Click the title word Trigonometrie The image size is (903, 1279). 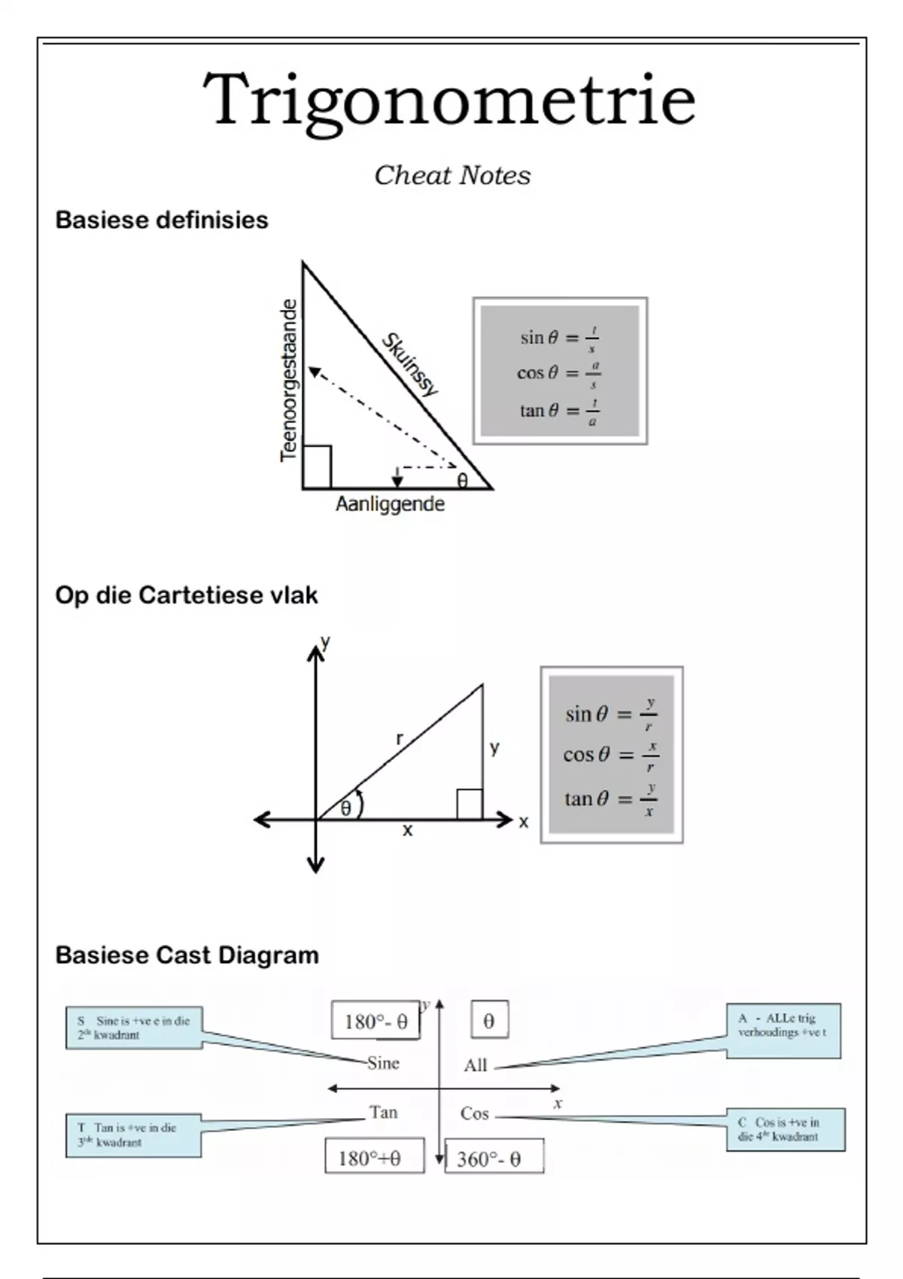pyautogui.click(x=449, y=100)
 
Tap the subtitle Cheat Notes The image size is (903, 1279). pyautogui.click(x=452, y=175)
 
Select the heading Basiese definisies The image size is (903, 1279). pyautogui.click(x=162, y=220)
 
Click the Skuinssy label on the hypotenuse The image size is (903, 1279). pyautogui.click(x=409, y=364)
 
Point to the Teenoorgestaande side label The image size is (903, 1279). pyautogui.click(x=289, y=380)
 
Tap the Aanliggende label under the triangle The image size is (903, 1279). pyautogui.click(x=390, y=504)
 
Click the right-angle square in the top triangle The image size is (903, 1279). pyautogui.click(x=317, y=466)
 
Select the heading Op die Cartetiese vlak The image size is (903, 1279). pyautogui.click(x=186, y=595)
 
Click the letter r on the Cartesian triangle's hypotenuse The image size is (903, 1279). pyautogui.click(x=400, y=739)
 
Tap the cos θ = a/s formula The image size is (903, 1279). pyautogui.click(x=559, y=373)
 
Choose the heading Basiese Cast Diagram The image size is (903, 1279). pyautogui.click(x=187, y=955)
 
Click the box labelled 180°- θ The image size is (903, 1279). pyautogui.click(x=375, y=1021)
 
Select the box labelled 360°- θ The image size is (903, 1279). pyautogui.click(x=494, y=1158)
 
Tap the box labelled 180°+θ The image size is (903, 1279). pyautogui.click(x=374, y=1157)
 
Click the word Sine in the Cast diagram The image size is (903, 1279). pyautogui.click(x=383, y=1063)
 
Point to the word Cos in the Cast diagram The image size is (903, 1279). pyautogui.click(x=475, y=1113)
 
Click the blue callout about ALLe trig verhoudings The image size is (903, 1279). pyautogui.click(x=783, y=1030)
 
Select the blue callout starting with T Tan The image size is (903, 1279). pyautogui.click(x=133, y=1135)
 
